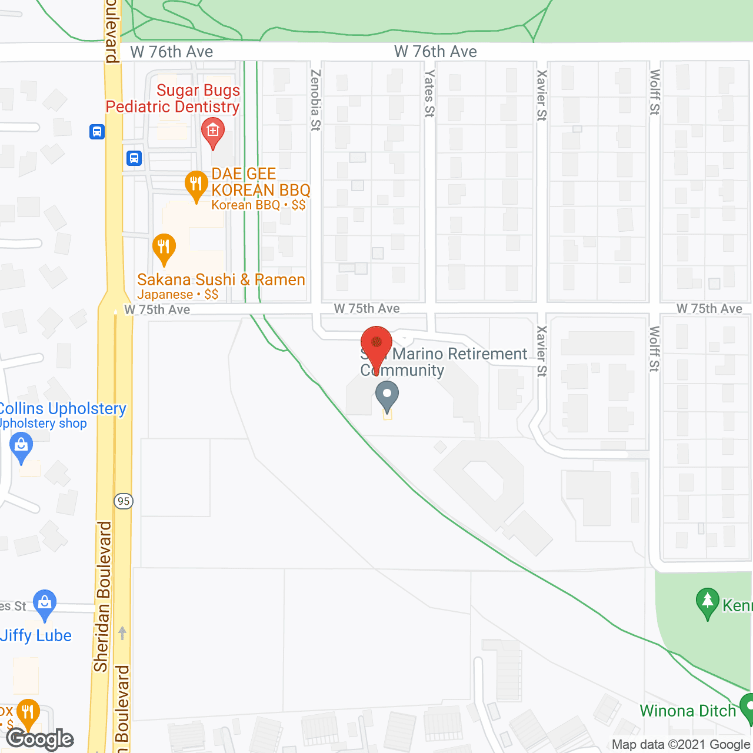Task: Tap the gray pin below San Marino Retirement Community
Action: pos(387,396)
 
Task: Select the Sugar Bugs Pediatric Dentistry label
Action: pos(172,98)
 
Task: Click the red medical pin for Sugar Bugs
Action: pos(212,132)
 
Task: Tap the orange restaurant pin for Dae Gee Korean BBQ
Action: pos(196,185)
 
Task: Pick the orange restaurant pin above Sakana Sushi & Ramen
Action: pos(164,248)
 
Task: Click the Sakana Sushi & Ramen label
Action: pos(221,280)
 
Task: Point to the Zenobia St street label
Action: pos(315,100)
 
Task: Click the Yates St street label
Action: pos(429,94)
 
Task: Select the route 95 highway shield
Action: pos(123,501)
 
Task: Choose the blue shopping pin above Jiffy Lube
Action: pos(45,604)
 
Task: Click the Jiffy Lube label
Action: pos(36,635)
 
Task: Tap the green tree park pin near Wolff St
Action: pos(707,602)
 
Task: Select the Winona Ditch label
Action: pos(688,711)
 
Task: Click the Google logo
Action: pos(40,739)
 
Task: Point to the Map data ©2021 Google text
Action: pos(681,744)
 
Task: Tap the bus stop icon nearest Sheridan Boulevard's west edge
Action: pos(97,131)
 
